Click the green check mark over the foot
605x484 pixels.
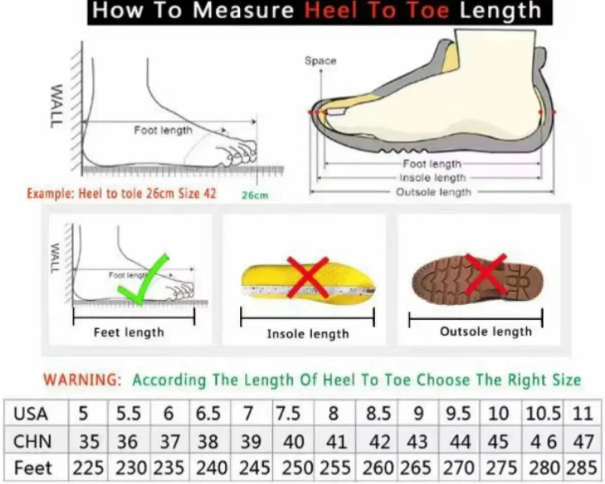144,280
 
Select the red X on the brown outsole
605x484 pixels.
485,274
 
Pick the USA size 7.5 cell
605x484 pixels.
288,414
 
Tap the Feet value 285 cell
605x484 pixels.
582,468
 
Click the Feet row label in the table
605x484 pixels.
33,468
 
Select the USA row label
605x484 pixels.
31,414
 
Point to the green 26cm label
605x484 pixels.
255,195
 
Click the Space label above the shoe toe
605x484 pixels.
320,60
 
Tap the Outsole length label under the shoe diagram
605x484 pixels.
433,192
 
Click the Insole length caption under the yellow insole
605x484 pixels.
308,334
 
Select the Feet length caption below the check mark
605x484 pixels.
129,333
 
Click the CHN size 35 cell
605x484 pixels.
89,442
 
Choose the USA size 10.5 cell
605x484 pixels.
543,414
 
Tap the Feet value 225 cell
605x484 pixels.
88,468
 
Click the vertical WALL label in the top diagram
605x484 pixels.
56,106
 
